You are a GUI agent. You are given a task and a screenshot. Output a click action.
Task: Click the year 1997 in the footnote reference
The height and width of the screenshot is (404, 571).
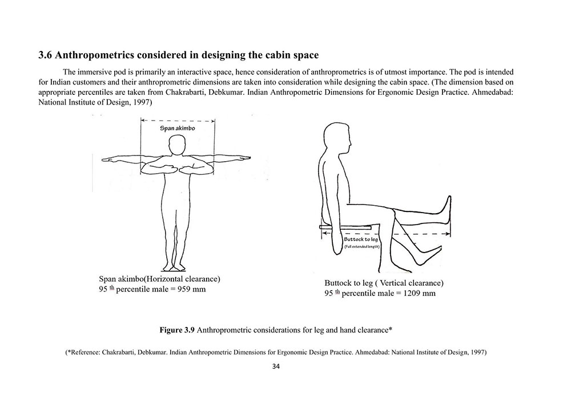click(477, 353)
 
